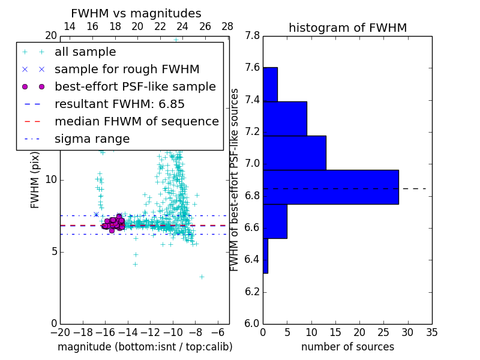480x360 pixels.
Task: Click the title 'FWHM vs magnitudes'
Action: tap(136, 13)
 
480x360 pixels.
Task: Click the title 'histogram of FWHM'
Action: tap(347, 28)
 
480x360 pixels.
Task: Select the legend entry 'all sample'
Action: tap(85, 52)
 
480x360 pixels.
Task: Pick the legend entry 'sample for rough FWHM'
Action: tap(127, 70)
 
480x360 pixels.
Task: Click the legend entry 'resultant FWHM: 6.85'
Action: tap(119, 104)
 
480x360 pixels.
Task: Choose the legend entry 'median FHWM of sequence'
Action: tap(136, 122)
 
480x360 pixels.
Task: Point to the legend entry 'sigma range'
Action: tap(92, 139)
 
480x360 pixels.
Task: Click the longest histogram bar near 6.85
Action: tap(331, 187)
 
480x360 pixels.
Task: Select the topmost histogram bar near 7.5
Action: tap(270, 85)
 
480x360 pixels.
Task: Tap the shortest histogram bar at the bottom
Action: tap(265, 256)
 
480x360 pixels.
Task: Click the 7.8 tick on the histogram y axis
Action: tap(252, 36)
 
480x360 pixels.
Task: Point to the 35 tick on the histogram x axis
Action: tap(431, 332)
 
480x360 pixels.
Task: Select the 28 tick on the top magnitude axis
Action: tap(227, 26)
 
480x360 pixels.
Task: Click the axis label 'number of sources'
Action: tap(347, 347)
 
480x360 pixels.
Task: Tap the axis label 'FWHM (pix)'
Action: tap(35, 180)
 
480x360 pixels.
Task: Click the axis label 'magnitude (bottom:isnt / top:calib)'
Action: tap(145, 347)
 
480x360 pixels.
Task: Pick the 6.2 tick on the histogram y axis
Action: tap(252, 292)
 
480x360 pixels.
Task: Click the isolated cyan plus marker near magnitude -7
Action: tap(202, 277)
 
